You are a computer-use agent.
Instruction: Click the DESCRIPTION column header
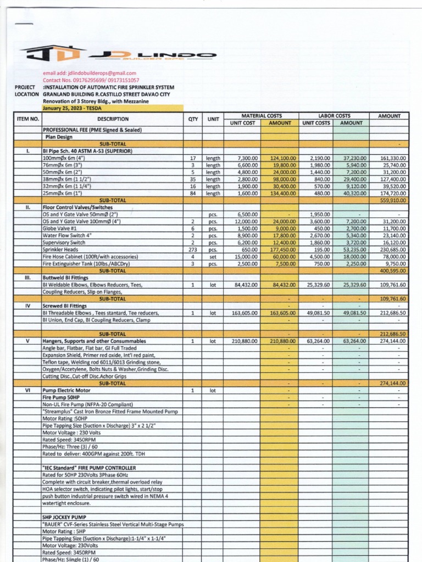[113, 119]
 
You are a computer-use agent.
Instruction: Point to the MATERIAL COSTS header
[262, 116]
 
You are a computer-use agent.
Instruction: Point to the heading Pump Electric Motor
[66, 390]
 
